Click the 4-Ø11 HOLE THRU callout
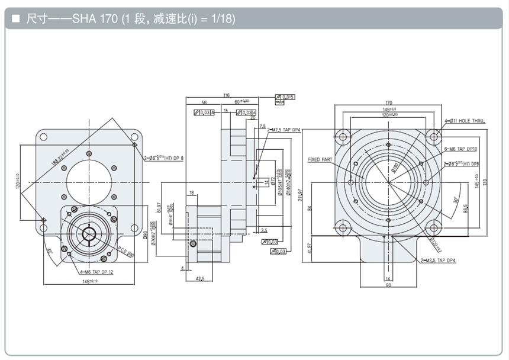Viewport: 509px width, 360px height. coord(465,121)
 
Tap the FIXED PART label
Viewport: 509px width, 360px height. coord(320,159)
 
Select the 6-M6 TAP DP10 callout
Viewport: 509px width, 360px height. coord(461,151)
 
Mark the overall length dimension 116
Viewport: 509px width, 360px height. coord(227,95)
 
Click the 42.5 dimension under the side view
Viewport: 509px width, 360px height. coord(199,278)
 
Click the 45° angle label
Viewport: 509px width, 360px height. coord(50,250)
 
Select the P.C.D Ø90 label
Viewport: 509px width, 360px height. coord(126,251)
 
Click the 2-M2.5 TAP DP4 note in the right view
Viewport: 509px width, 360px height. coord(439,260)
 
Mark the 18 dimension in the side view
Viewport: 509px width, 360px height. coord(192,193)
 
